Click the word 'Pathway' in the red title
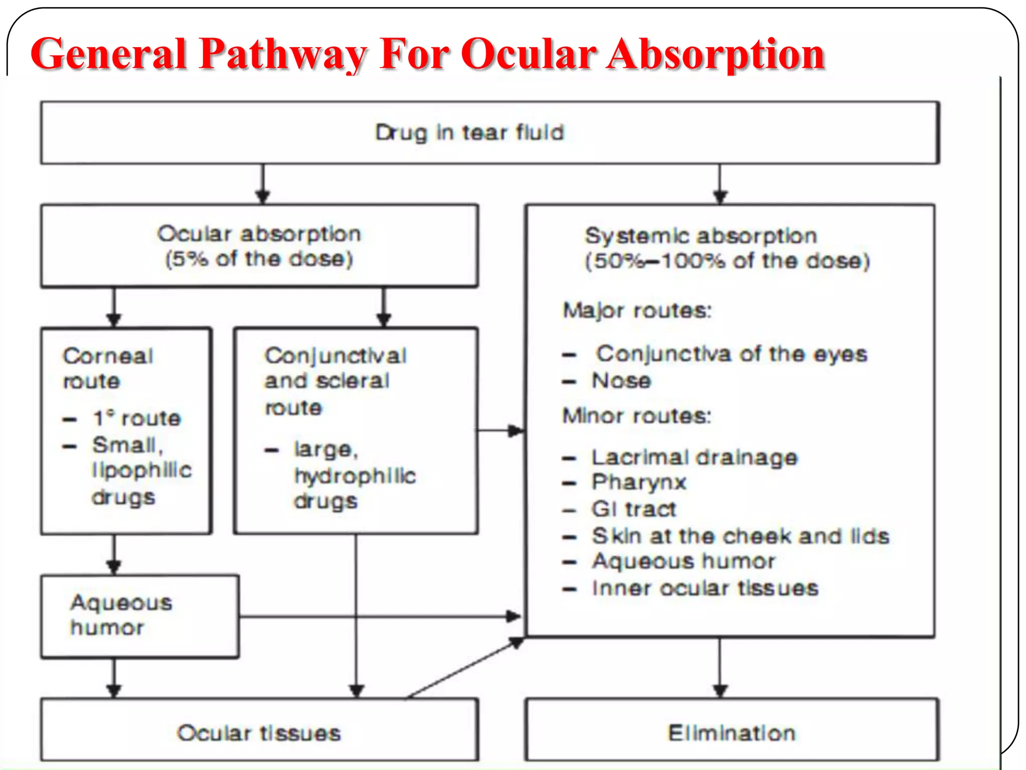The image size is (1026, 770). [x=283, y=54]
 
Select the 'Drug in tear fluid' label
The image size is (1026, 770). [x=469, y=132]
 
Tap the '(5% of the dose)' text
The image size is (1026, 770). [x=259, y=259]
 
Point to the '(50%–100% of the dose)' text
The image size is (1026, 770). [x=727, y=261]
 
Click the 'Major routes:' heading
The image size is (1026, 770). [x=637, y=310]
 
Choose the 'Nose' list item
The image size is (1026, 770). [x=621, y=380]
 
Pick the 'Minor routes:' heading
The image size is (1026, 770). [x=636, y=416]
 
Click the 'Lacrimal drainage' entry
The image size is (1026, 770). [x=694, y=457]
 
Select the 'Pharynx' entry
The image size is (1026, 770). [x=639, y=482]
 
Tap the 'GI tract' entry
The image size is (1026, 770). [x=634, y=509]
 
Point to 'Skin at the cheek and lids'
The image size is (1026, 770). [x=740, y=536]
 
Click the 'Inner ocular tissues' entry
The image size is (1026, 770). [x=705, y=588]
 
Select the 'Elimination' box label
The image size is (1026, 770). [x=731, y=733]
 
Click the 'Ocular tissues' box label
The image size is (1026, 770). [x=259, y=733]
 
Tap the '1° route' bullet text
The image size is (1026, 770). [x=137, y=418]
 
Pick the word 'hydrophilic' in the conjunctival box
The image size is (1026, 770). [x=355, y=476]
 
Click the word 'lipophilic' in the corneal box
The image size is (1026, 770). [x=142, y=470]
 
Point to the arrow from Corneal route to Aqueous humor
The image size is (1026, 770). [x=114, y=554]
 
